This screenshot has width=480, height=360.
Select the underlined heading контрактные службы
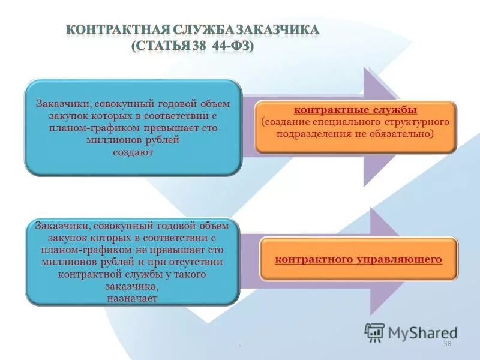pos(355,110)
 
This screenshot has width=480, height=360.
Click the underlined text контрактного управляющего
pos(358,259)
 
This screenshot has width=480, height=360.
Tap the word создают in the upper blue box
pos(133,152)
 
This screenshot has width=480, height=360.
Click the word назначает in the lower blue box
pos(133,297)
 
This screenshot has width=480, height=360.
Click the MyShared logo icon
pos(374,331)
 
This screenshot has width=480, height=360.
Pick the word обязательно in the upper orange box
pos(406,134)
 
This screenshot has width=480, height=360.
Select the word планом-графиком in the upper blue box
pos(91,128)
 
